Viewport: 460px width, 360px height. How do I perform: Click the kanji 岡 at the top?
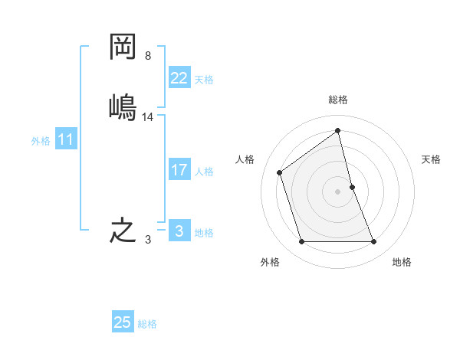tap(123, 47)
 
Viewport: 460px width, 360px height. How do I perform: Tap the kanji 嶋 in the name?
tap(123, 106)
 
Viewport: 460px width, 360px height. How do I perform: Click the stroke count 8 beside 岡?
tap(148, 57)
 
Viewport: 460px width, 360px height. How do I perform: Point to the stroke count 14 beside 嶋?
tap(148, 116)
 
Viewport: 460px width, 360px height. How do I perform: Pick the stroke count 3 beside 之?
tap(148, 240)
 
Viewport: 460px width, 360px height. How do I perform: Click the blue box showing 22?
tap(179, 78)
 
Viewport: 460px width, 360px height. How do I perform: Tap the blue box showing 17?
tap(179, 170)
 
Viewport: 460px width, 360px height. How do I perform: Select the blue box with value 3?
tap(179, 231)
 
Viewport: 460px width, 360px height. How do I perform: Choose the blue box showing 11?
tap(66, 140)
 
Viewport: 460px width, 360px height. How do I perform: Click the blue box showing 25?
tap(122, 322)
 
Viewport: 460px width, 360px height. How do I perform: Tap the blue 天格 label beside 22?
tap(204, 79)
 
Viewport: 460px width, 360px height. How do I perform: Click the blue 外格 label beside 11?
tap(41, 141)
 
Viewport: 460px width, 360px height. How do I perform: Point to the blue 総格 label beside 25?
tap(147, 324)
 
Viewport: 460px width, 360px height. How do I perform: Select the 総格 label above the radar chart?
tap(338, 100)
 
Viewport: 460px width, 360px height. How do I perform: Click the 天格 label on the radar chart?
tap(432, 159)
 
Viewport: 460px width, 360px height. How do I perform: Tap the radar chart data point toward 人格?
tap(280, 172)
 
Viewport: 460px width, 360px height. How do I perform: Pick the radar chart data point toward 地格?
tap(374, 242)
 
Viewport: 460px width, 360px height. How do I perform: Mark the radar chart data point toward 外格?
tap(301, 242)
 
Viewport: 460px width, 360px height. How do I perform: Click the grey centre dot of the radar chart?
tap(338, 191)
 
